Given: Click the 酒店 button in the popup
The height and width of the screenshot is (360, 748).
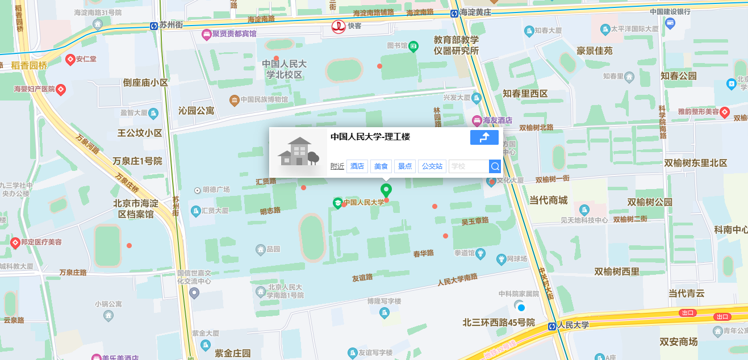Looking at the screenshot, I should coord(357,166).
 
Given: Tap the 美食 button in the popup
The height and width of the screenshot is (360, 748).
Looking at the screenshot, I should coord(381,166).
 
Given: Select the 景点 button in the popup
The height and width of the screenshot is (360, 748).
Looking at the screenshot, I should coord(405,166).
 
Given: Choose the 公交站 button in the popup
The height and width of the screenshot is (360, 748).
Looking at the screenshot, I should coord(432,166).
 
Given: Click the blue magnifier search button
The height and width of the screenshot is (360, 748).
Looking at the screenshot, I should coord(495,166).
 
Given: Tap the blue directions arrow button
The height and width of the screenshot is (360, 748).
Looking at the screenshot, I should coord(484,137).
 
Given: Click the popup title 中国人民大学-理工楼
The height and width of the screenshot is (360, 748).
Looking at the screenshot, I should coord(370,137).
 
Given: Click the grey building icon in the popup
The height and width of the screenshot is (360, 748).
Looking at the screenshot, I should coord(298,152).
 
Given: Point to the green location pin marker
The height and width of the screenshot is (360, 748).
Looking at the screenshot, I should coord(386,190).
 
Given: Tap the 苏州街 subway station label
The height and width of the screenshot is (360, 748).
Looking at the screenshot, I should coord(170,25).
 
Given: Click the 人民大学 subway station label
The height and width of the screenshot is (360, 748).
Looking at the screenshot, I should coord(573,325).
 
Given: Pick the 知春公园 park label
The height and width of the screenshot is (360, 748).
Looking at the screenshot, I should coord(678,76).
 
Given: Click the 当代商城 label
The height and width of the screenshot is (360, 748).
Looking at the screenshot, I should coord(548,200).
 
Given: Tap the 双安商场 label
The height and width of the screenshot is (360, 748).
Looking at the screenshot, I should coord(678,341).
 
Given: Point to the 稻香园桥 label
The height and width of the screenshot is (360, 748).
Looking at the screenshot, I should coord(29,65).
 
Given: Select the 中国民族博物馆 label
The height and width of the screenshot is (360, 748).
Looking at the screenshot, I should coord(264,100).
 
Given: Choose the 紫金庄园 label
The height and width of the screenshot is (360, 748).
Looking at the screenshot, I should coord(233,353).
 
